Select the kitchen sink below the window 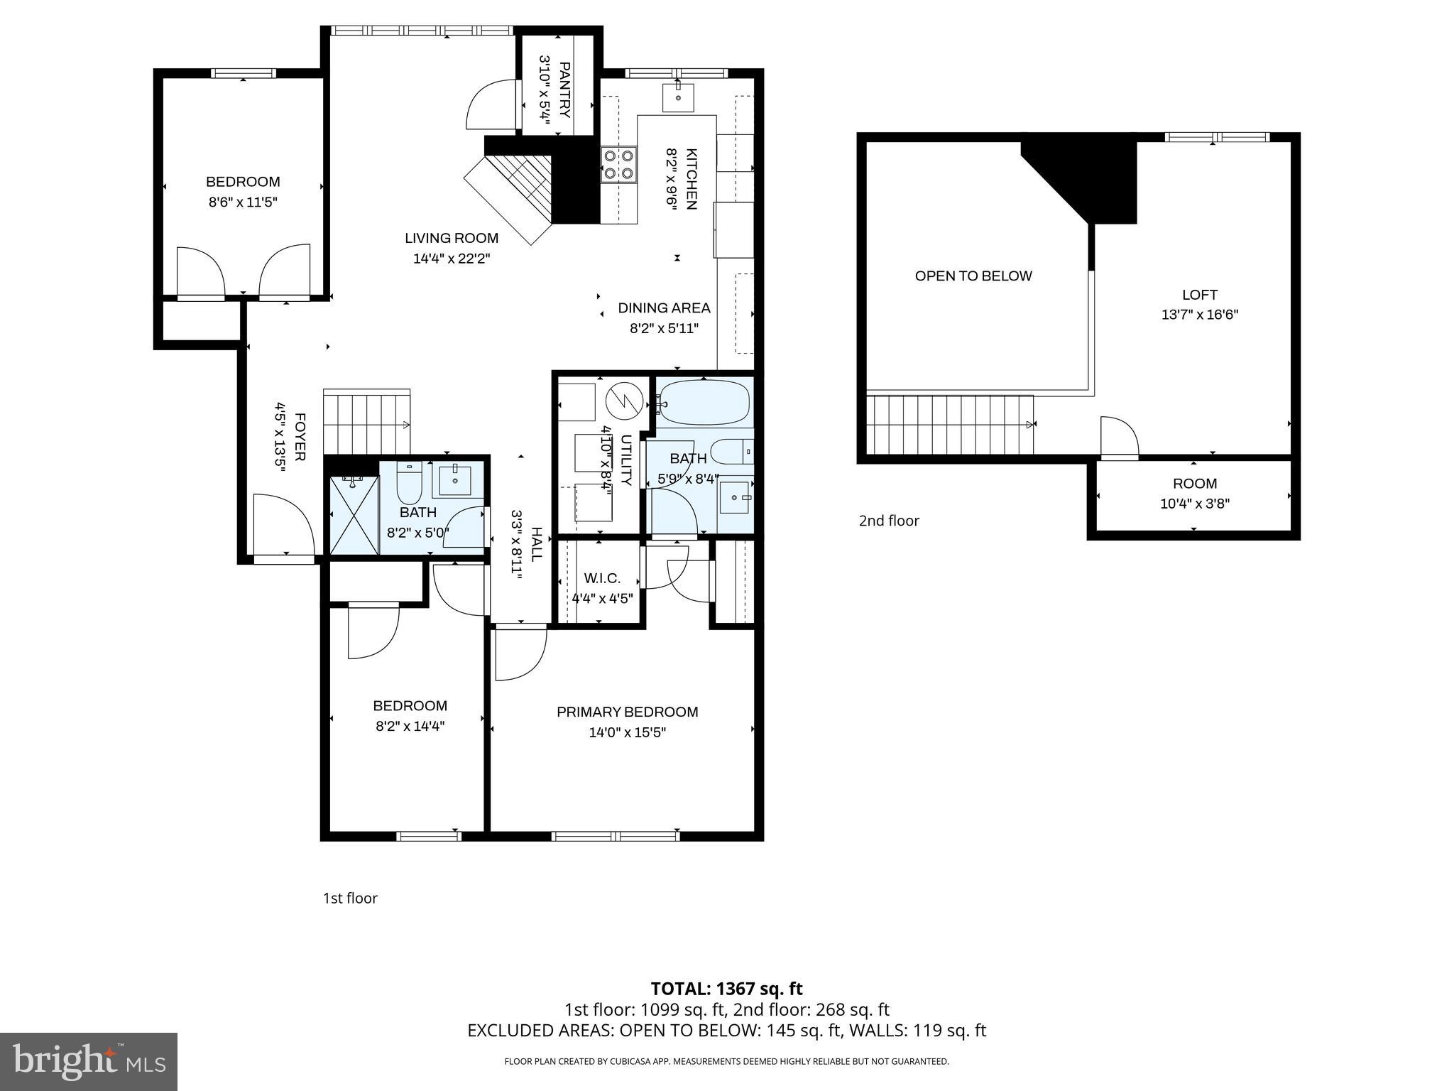pyautogui.click(x=678, y=97)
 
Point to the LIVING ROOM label pyautogui.click(x=452, y=239)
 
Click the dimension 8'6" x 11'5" pyautogui.click(x=243, y=202)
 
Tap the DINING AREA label pyautogui.click(x=664, y=308)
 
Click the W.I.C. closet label pyautogui.click(x=602, y=579)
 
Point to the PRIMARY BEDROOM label pyautogui.click(x=627, y=712)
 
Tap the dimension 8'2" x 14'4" pyautogui.click(x=410, y=726)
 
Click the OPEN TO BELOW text pyautogui.click(x=973, y=276)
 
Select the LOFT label pyautogui.click(x=1200, y=295)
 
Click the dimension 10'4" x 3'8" pyautogui.click(x=1195, y=504)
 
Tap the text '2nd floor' pyautogui.click(x=889, y=521)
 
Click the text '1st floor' pyautogui.click(x=350, y=898)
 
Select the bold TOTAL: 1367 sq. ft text pyautogui.click(x=726, y=989)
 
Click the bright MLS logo pyautogui.click(x=88, y=1061)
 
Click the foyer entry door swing pyautogui.click(x=283, y=524)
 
